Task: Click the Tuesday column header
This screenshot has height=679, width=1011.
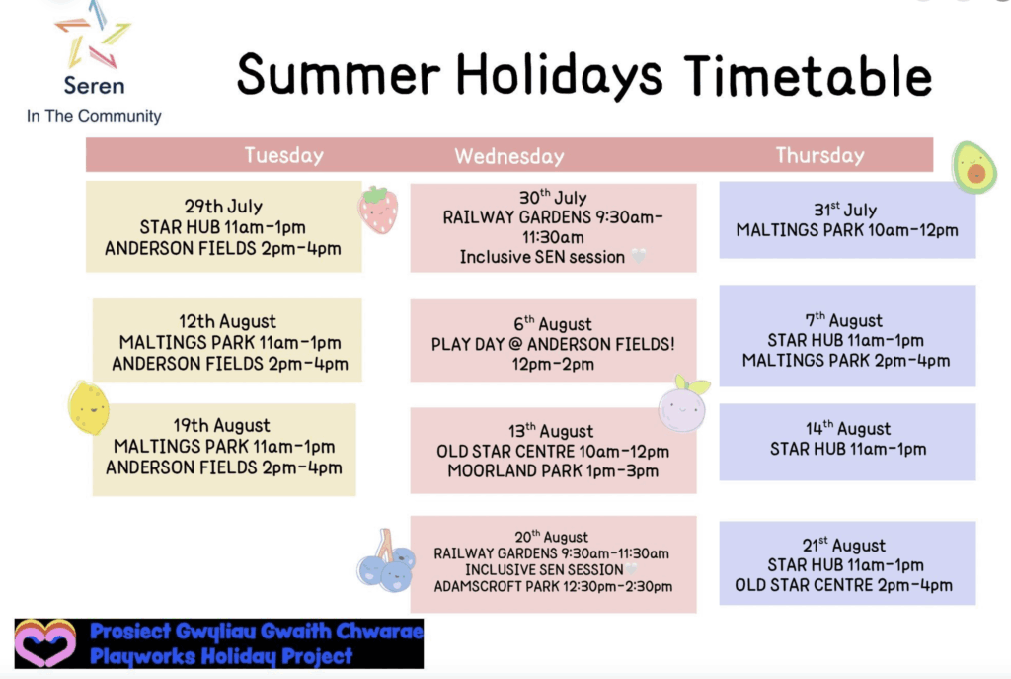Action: [283, 155]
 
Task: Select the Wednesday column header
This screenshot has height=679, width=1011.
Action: [509, 156]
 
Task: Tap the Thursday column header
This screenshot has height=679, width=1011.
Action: [819, 155]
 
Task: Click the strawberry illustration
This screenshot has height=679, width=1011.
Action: [378, 210]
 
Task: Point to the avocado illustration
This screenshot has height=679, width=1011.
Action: [974, 167]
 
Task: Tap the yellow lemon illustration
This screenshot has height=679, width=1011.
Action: [88, 408]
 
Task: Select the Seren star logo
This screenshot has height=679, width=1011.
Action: [93, 36]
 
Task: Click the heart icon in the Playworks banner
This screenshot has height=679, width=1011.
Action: [44, 643]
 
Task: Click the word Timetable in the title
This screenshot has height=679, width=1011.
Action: [808, 76]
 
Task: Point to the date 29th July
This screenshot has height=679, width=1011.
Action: [223, 207]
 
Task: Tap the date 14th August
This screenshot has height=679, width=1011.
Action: [848, 429]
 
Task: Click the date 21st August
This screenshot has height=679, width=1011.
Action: [844, 546]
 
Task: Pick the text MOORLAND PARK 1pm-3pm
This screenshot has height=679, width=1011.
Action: [553, 471]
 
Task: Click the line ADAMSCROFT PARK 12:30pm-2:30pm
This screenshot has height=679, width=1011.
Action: [553, 587]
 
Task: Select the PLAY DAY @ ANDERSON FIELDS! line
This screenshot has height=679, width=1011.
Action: [553, 344]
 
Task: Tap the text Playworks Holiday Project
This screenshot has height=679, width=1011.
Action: [221, 656]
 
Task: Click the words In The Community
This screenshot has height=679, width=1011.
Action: [94, 117]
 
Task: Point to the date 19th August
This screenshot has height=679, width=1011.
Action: [221, 426]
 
